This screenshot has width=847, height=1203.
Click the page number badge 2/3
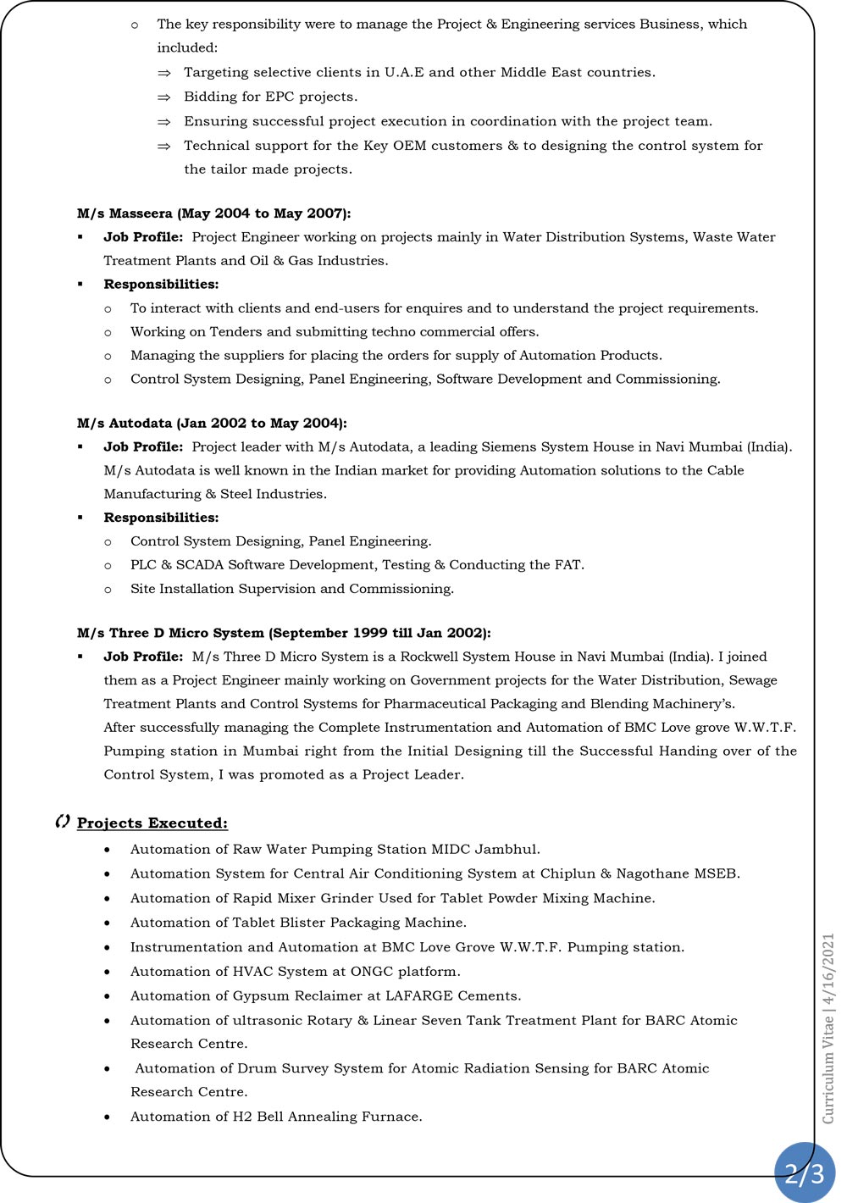804,1173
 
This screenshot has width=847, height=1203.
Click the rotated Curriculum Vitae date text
828,1028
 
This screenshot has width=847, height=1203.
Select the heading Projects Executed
152,823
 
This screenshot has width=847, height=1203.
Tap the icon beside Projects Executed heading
62,822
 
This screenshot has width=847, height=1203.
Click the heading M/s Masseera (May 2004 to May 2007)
213,213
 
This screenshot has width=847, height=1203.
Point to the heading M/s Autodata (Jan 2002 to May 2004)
212,423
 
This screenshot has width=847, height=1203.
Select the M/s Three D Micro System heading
284,633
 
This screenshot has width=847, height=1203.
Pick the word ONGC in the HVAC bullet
373,972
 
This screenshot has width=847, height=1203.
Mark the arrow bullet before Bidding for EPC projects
164,97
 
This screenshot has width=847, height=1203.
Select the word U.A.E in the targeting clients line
404,73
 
